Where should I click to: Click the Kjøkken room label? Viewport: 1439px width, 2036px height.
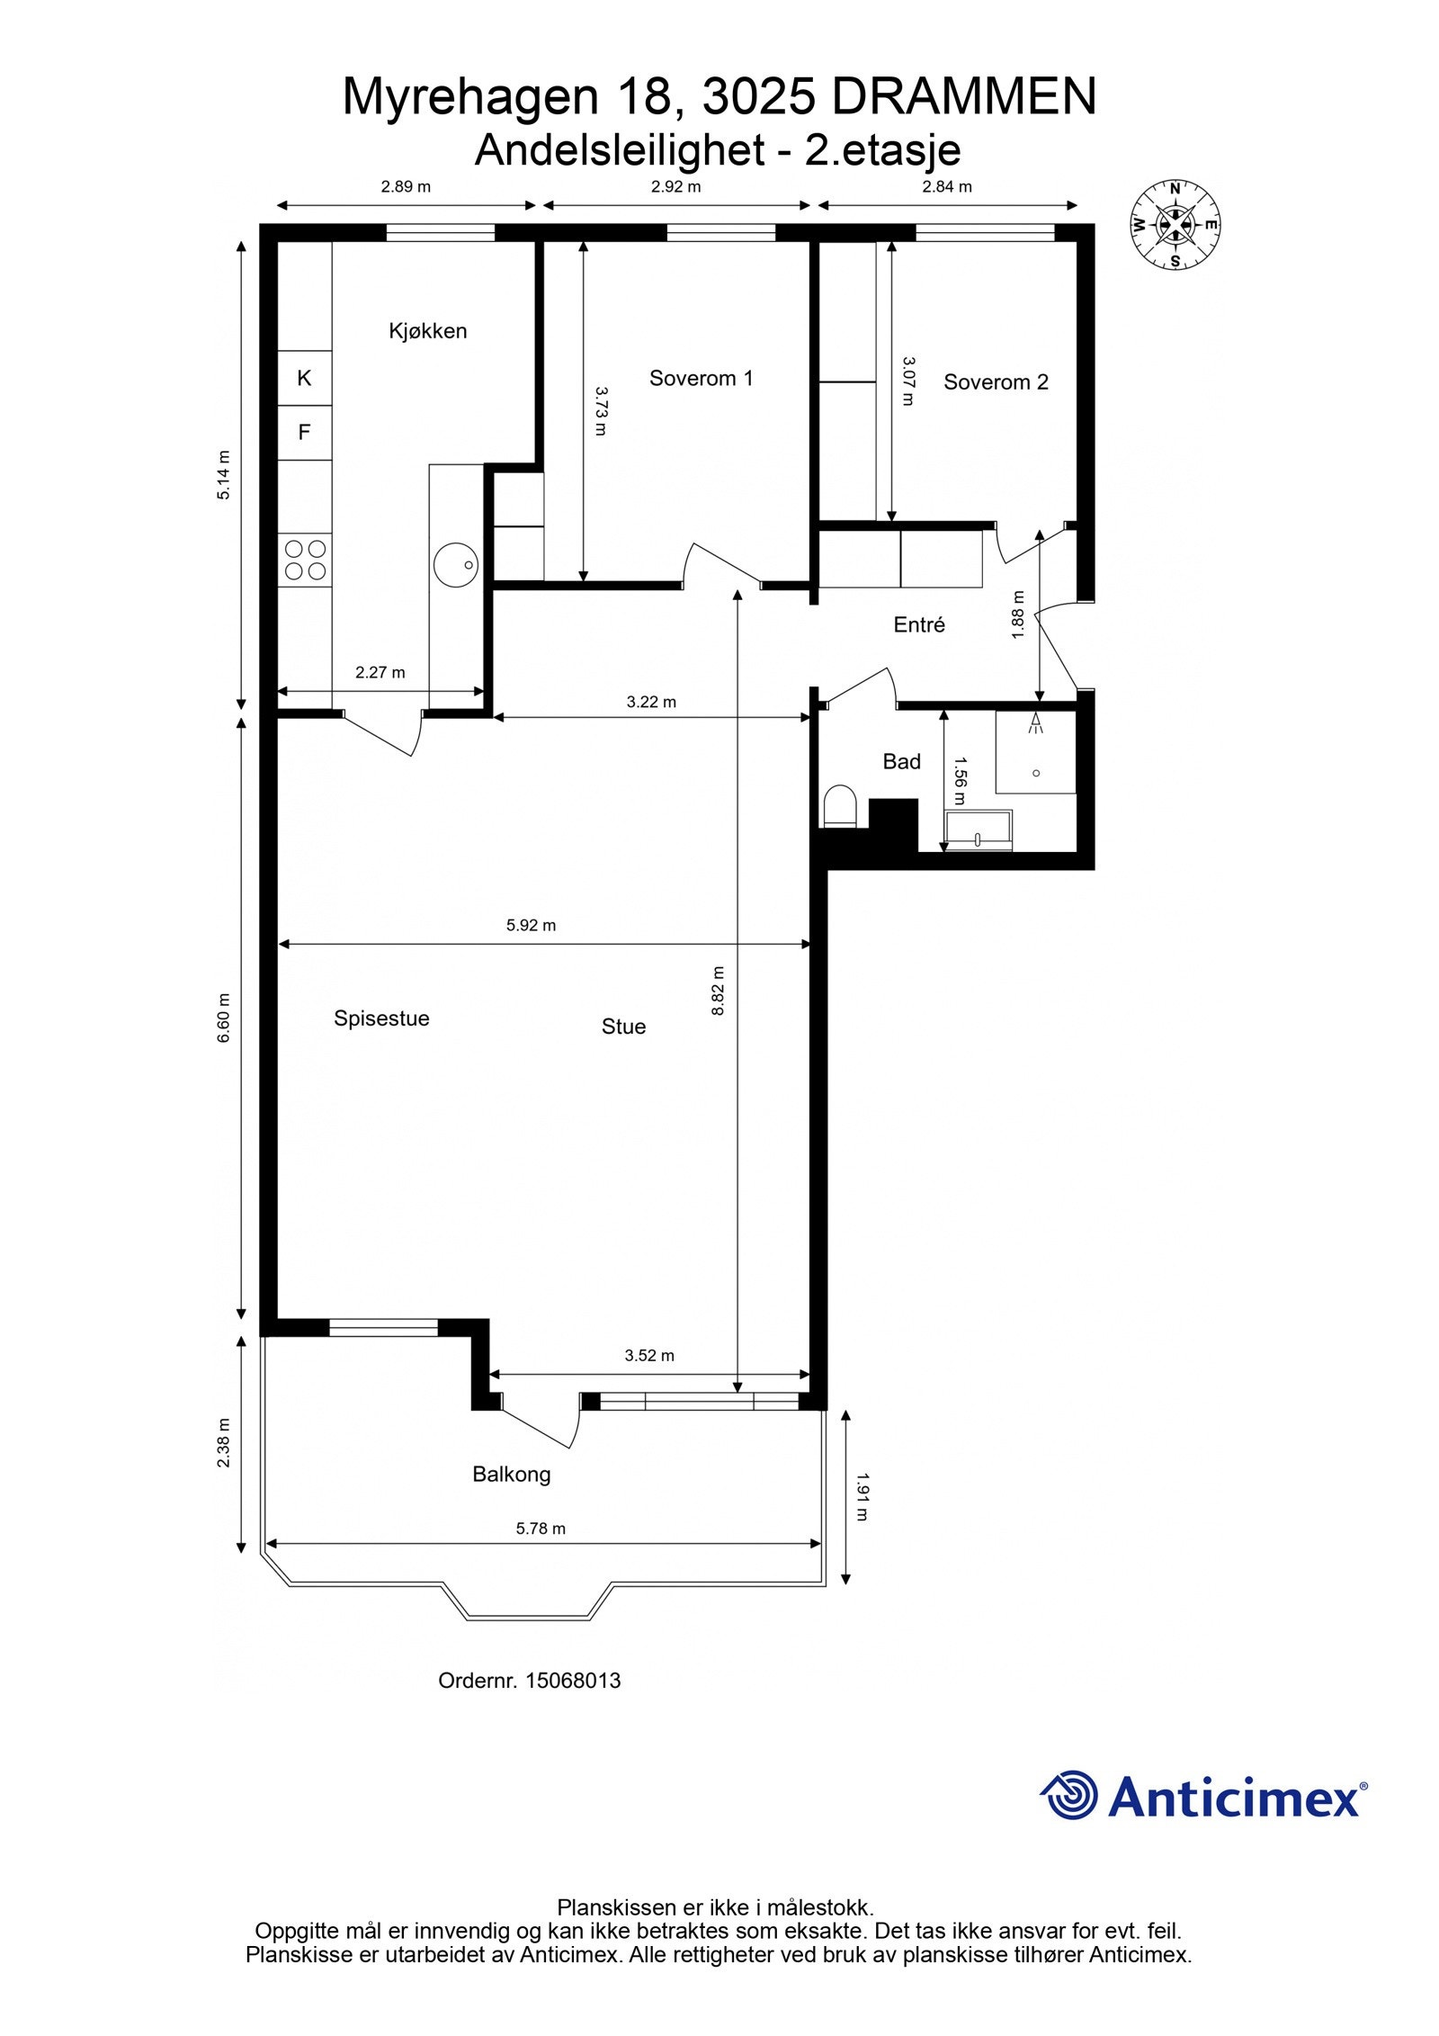(427, 331)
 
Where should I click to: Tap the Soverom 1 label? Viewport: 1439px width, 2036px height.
(701, 378)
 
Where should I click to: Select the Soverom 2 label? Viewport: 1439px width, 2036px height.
(996, 382)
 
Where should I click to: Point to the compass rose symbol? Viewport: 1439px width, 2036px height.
(1175, 225)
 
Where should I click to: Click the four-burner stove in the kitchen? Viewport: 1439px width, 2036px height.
(305, 559)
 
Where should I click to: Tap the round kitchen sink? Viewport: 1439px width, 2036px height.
(455, 564)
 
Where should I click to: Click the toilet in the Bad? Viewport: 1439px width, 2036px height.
(840, 804)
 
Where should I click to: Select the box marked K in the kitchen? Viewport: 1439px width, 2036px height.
(304, 378)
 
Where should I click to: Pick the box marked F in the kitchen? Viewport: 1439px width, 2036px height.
(304, 433)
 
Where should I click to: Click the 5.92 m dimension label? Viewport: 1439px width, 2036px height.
(531, 925)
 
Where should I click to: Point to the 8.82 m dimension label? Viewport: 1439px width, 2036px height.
(718, 991)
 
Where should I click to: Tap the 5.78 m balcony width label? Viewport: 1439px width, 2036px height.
(541, 1528)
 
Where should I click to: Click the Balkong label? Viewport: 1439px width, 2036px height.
(511, 1474)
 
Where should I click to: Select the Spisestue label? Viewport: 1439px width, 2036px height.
(381, 1018)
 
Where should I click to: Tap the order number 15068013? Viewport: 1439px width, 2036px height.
(572, 1681)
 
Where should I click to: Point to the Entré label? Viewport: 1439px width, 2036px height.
(919, 624)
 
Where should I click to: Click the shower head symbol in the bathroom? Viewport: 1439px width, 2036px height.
(1036, 722)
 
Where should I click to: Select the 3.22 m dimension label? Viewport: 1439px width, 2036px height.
(651, 702)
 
